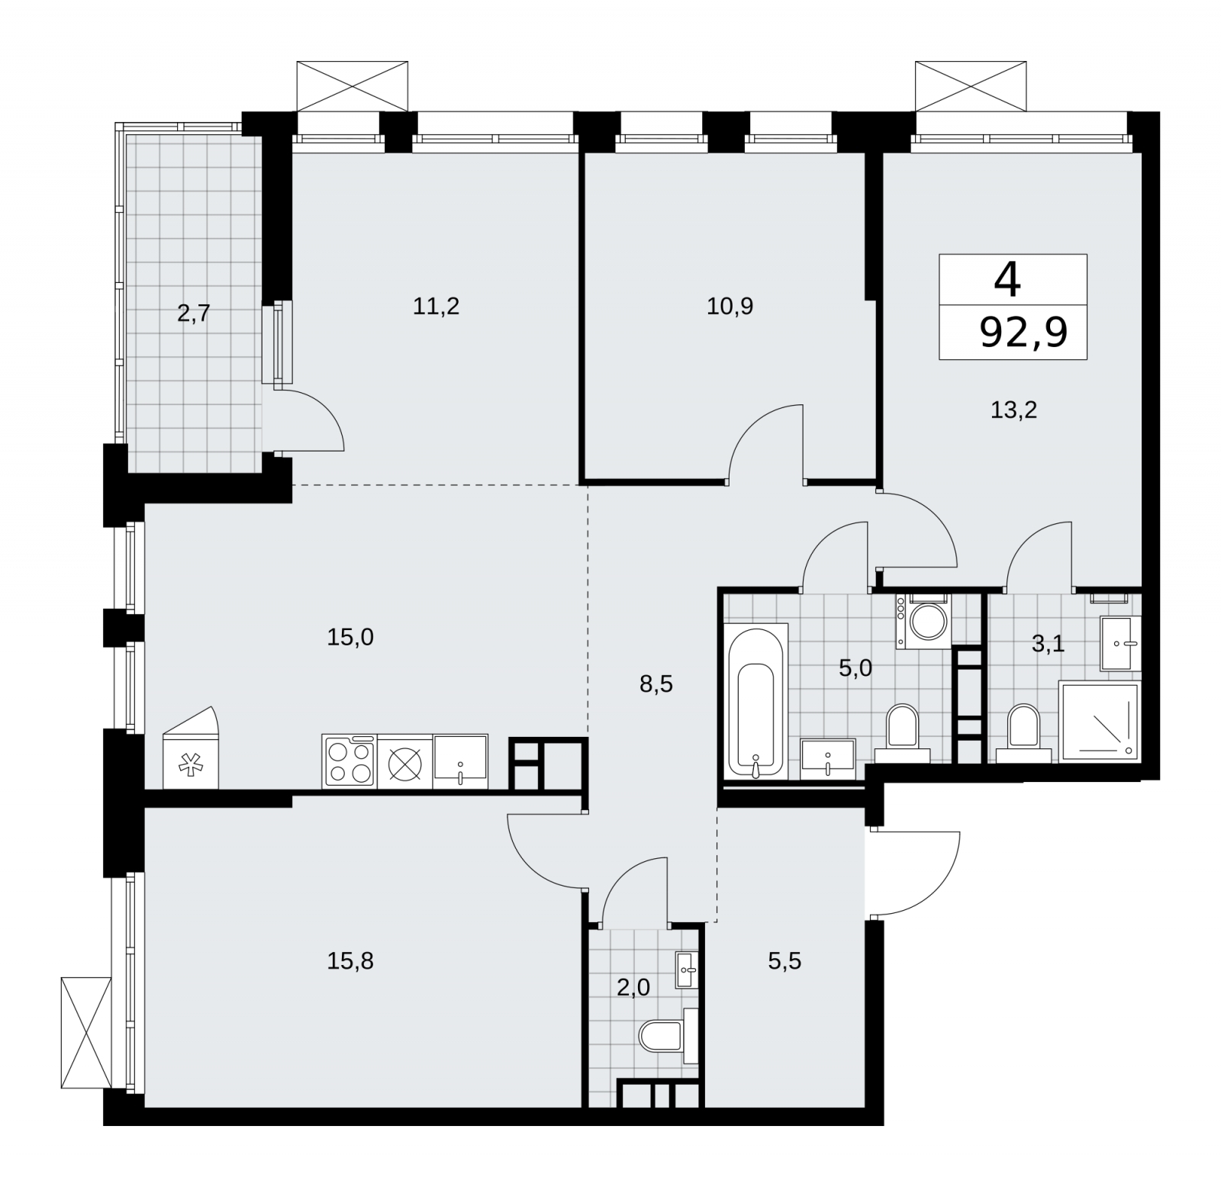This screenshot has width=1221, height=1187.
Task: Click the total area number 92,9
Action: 1023,333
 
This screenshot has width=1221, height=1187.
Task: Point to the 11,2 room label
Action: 436,307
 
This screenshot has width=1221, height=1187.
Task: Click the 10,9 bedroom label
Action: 730,307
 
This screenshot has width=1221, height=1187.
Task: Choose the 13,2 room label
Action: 1013,410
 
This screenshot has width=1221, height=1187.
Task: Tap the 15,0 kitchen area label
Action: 350,637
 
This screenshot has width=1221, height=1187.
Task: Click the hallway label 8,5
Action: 656,684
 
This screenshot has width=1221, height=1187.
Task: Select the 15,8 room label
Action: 350,960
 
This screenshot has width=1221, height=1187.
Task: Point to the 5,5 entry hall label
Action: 784,960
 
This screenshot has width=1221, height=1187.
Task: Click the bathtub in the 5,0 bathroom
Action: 757,701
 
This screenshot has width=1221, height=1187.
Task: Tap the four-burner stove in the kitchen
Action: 350,761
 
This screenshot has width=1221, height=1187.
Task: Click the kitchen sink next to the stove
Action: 461,761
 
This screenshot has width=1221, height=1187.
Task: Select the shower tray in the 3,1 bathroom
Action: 1099,722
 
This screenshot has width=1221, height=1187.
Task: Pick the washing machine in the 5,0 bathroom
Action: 923,622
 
